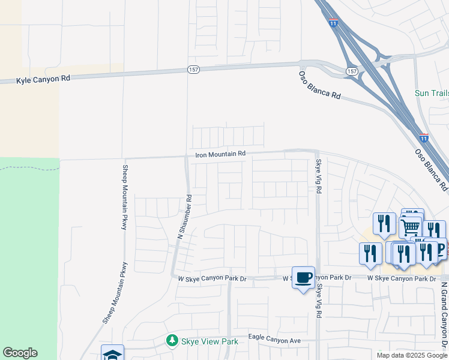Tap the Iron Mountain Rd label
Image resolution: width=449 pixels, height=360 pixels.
(220, 154)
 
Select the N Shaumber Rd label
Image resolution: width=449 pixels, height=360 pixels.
(184, 217)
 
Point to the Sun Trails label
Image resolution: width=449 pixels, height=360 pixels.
(432, 93)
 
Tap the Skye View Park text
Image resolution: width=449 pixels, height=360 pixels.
(211, 341)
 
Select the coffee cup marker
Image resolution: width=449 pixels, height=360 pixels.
(303, 277)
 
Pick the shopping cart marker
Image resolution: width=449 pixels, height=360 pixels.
(411, 227)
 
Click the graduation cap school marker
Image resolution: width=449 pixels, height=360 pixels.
(112, 354)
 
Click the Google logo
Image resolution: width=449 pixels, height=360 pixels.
(20, 353)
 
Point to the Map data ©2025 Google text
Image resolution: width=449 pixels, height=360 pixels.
(411, 355)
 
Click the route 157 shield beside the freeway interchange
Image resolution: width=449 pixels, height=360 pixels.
(352, 71)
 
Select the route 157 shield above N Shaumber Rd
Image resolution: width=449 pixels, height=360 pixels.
(193, 70)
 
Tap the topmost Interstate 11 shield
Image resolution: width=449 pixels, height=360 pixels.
(334, 23)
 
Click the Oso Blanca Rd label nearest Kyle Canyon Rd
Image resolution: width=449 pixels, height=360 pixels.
(319, 85)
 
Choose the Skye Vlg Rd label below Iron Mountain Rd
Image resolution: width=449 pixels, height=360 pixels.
(319, 176)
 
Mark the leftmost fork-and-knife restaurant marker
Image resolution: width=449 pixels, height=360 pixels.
(370, 253)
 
